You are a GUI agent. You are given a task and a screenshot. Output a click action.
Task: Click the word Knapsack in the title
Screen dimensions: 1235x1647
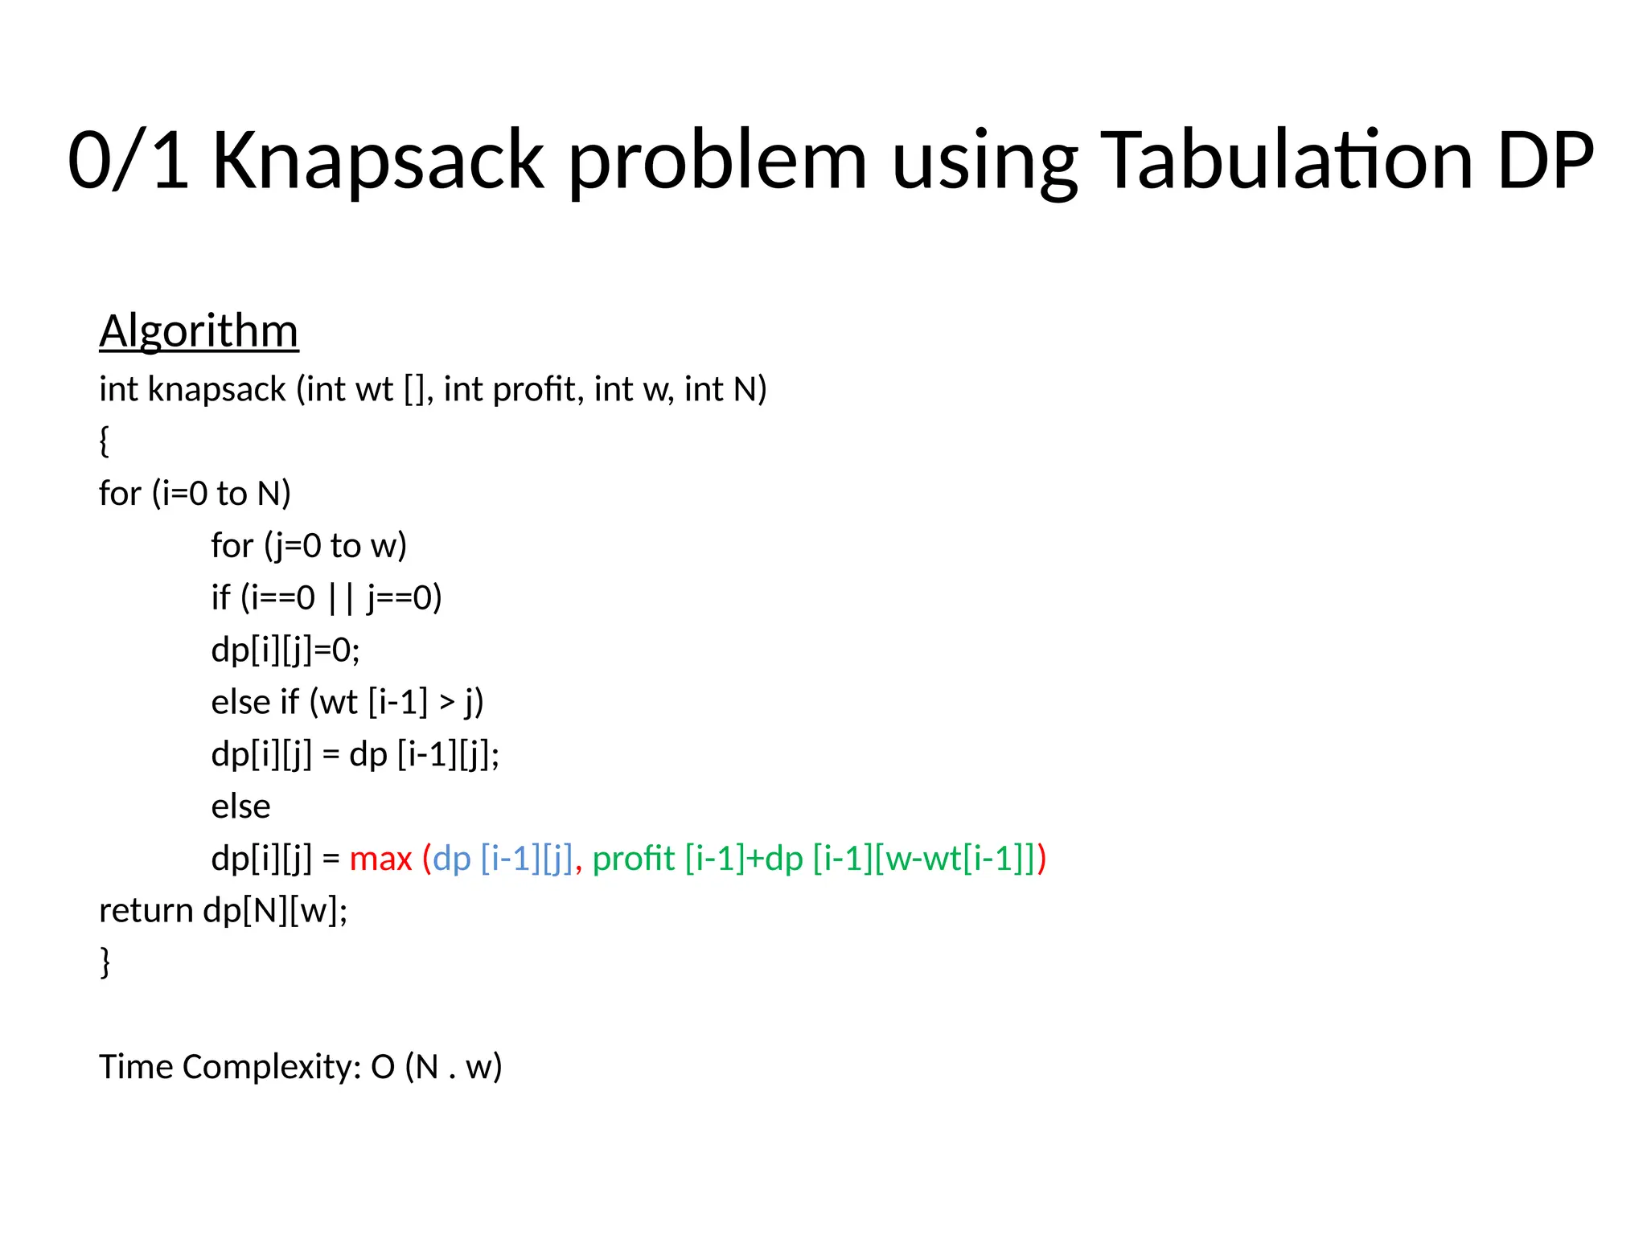378,161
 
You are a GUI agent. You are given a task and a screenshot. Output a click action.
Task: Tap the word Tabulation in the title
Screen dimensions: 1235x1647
1287,161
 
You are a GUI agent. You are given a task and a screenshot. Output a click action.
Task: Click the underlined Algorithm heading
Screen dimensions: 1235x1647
199,331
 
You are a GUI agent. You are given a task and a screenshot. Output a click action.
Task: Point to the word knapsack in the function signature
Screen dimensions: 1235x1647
216,390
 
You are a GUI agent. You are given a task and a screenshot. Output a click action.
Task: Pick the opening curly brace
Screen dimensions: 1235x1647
105,441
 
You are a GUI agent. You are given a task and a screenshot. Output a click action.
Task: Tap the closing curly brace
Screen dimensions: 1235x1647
105,962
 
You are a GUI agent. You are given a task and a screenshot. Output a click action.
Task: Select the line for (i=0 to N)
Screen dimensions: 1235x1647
195,494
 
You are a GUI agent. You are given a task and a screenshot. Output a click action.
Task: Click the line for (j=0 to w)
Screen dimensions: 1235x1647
309,546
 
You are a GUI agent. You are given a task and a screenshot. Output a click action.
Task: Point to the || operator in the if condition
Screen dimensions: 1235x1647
341,598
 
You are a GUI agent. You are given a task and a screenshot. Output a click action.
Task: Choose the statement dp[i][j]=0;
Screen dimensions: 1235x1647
285,650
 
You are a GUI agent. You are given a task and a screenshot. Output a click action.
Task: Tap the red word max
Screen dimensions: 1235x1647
380,859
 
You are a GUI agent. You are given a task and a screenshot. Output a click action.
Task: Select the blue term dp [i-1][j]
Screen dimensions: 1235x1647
503,859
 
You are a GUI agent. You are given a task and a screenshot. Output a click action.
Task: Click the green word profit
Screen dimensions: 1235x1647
634,859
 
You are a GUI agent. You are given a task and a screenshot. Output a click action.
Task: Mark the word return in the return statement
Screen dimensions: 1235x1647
146,911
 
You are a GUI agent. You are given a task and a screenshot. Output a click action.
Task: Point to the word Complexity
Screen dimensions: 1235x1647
272,1068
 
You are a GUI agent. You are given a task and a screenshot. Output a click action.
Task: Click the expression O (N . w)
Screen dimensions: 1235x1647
437,1068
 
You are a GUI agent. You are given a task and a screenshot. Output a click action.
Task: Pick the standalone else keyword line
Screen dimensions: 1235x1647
240,806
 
